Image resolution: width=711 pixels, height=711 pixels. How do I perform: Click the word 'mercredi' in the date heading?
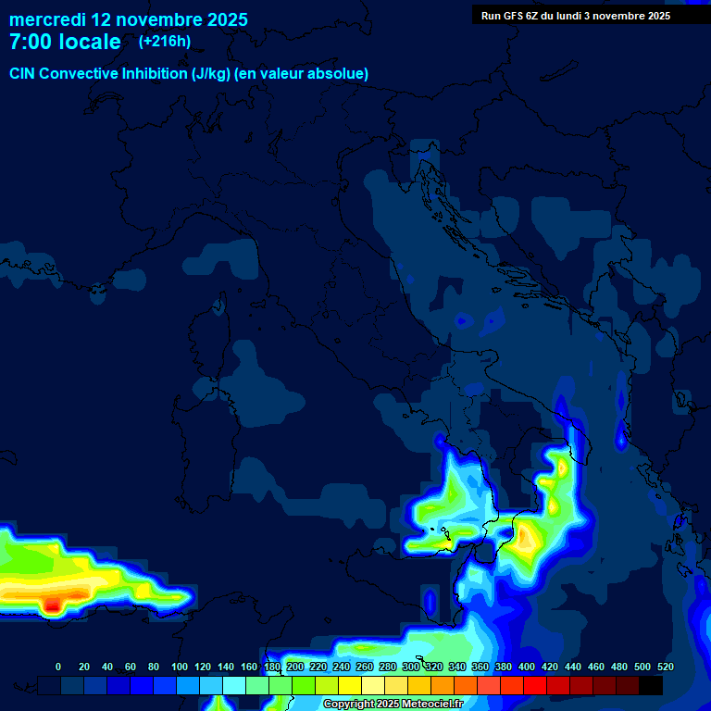(46, 19)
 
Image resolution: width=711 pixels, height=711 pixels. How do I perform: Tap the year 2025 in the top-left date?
(222, 19)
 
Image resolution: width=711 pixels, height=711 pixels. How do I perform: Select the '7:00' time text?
(31, 42)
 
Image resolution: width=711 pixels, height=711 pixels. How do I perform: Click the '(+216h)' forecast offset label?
(165, 42)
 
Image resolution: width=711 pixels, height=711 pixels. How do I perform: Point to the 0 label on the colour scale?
(58, 667)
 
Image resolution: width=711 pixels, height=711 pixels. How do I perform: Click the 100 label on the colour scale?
(180, 667)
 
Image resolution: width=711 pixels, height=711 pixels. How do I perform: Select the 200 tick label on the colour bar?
(295, 667)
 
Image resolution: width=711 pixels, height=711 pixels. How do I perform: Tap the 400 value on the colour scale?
(527, 667)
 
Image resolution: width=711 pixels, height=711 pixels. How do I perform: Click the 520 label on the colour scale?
(665, 667)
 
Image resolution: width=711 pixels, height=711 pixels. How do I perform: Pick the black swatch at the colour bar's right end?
(651, 685)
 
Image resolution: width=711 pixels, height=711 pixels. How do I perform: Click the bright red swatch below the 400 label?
(535, 685)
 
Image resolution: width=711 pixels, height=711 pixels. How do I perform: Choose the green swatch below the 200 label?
(304, 685)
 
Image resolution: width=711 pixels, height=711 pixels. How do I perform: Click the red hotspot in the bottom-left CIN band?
(53, 605)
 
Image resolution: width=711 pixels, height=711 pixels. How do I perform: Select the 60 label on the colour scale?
(131, 667)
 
